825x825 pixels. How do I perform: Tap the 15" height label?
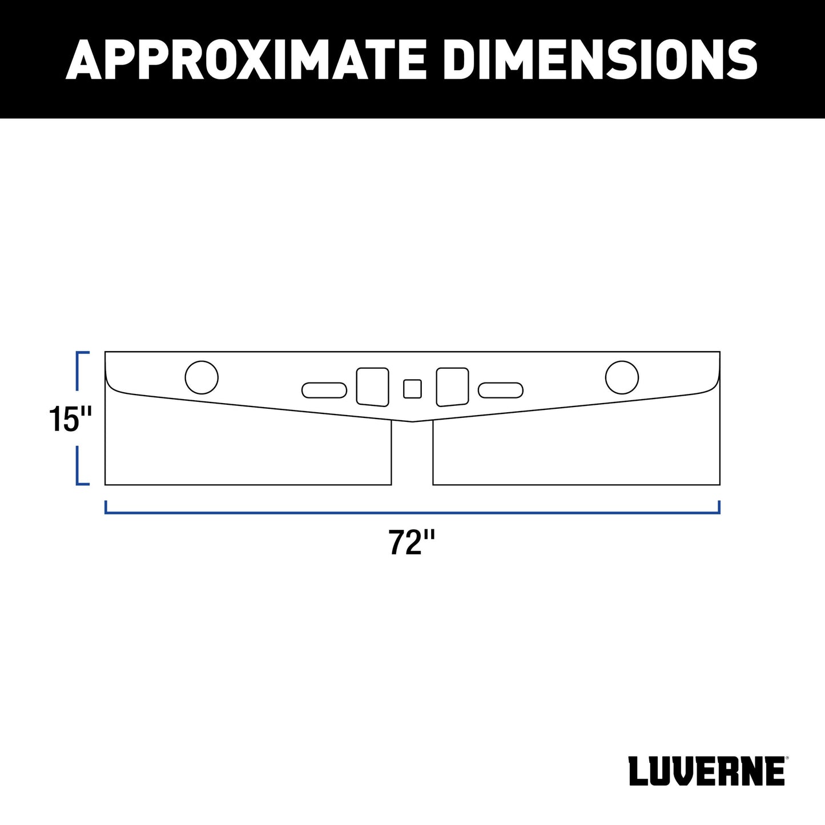click(70, 418)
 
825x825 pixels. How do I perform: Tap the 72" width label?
click(412, 542)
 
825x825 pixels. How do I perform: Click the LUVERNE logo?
click(706, 771)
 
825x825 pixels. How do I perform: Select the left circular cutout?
click(202, 377)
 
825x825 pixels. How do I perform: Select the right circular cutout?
click(622, 377)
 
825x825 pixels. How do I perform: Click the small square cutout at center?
click(412, 389)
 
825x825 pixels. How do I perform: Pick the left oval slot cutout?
click(324, 390)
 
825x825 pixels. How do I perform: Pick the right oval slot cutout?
click(500, 390)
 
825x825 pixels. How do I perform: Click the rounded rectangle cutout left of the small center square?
click(372, 387)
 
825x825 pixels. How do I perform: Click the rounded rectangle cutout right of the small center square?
click(452, 387)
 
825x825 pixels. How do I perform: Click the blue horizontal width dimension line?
click(412, 513)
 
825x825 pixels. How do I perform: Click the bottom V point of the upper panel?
click(412, 421)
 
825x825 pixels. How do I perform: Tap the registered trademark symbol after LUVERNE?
click(787, 759)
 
